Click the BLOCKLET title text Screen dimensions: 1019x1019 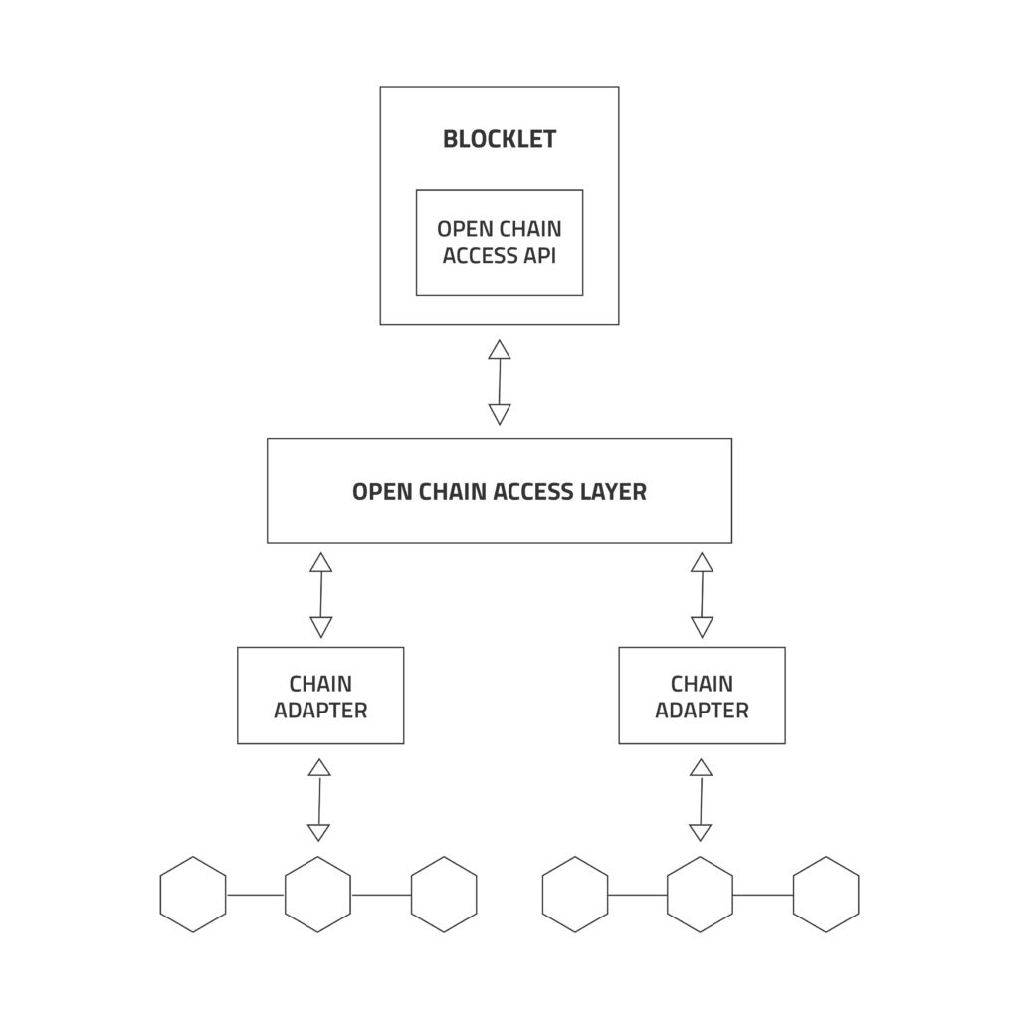click(x=499, y=139)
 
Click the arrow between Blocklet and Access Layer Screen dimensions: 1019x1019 click(x=500, y=382)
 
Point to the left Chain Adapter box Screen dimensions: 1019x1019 click(x=320, y=696)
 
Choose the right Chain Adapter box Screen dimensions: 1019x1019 click(x=702, y=696)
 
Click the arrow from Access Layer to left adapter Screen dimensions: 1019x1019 click(x=320, y=595)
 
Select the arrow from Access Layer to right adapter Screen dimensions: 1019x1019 click(x=702, y=595)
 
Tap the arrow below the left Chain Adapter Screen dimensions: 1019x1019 click(x=319, y=800)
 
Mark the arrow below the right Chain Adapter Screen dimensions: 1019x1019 click(x=701, y=800)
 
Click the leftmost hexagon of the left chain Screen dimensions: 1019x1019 click(x=193, y=895)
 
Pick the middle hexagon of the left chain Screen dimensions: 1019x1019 click(x=318, y=895)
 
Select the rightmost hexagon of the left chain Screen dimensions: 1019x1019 click(x=444, y=895)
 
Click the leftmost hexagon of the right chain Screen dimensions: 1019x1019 click(x=575, y=895)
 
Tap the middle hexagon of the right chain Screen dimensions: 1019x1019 click(x=700, y=895)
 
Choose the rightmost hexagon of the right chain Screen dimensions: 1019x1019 click(x=826, y=895)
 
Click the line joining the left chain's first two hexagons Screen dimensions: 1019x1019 click(x=256, y=895)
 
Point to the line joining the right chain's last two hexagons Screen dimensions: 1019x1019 click(x=763, y=895)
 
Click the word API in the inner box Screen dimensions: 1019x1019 click(x=537, y=256)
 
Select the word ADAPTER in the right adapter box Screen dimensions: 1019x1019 click(x=702, y=711)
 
